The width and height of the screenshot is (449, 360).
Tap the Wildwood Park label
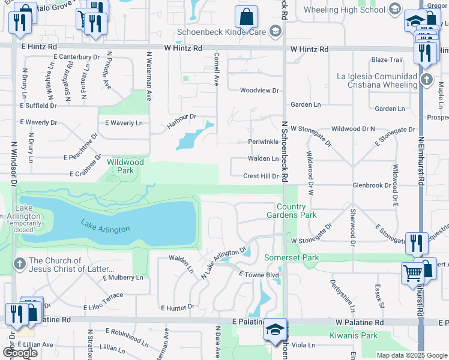coord(125,166)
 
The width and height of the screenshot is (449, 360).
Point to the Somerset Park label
coord(292,257)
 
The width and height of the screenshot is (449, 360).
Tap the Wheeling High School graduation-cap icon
coord(394,10)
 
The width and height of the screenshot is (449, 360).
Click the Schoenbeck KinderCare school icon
coord(275,32)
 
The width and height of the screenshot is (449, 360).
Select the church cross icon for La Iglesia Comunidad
coord(426,80)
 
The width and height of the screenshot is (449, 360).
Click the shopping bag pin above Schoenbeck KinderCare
coord(246,16)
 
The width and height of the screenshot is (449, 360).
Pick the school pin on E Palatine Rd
coord(276,330)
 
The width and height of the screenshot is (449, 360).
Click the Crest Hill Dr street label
coord(261,176)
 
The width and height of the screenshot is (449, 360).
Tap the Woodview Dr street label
coord(259,91)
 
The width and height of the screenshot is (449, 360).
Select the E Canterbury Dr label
coord(76,57)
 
